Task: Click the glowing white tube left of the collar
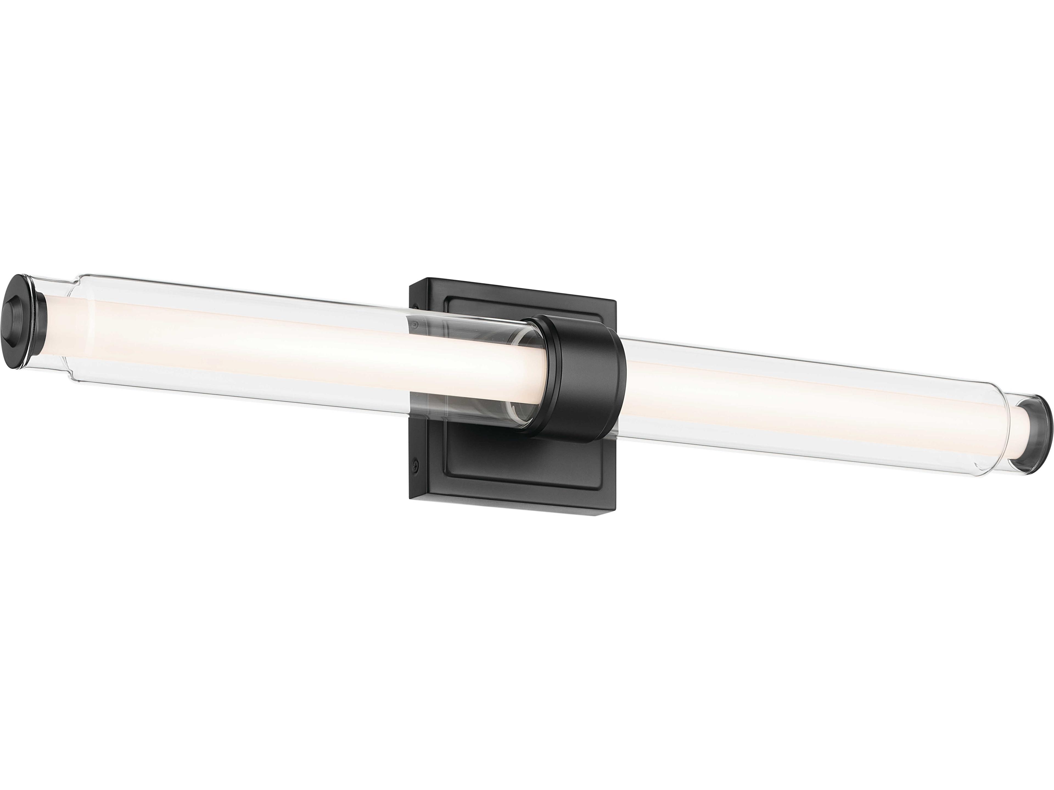click(286, 343)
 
